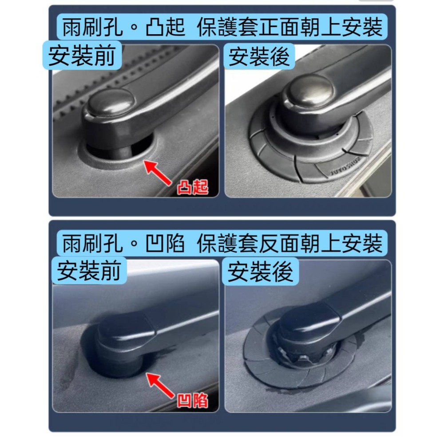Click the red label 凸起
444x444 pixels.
(192, 188)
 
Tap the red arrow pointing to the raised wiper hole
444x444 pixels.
(159, 174)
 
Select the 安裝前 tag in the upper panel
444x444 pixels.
(81, 57)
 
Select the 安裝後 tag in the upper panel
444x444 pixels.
(259, 57)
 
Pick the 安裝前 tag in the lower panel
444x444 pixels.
(89, 271)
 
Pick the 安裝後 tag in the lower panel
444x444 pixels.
(260, 271)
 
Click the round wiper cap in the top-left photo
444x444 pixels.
(110, 102)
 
